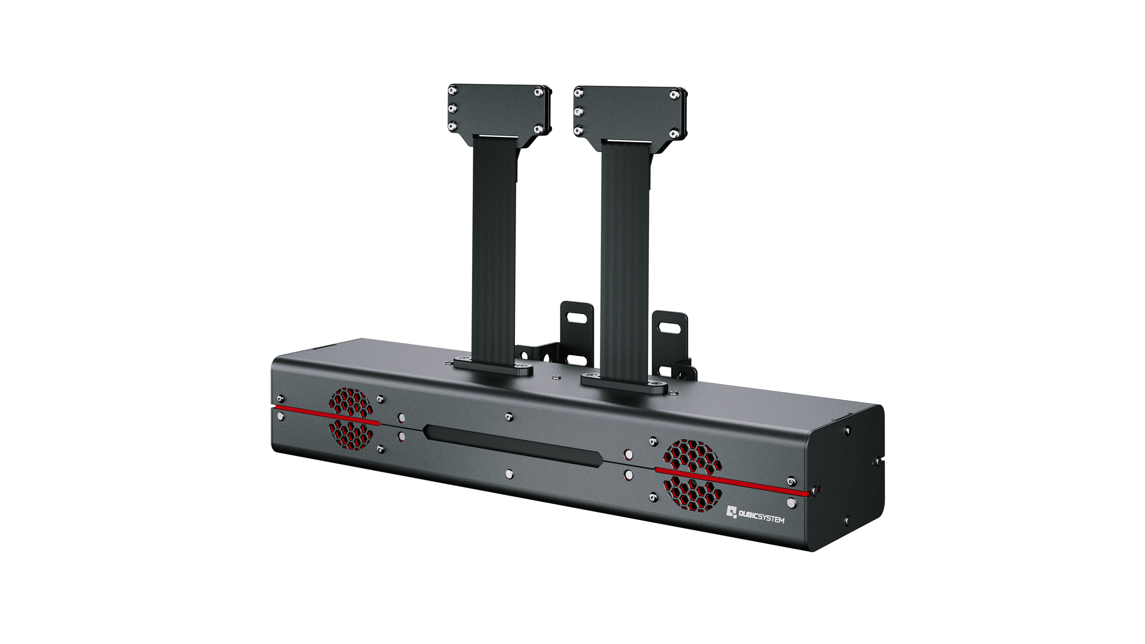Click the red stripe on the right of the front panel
pyautogui.click(x=733, y=482)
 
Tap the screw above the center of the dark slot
pyautogui.click(x=508, y=416)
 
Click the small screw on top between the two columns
pyautogui.click(x=556, y=377)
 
